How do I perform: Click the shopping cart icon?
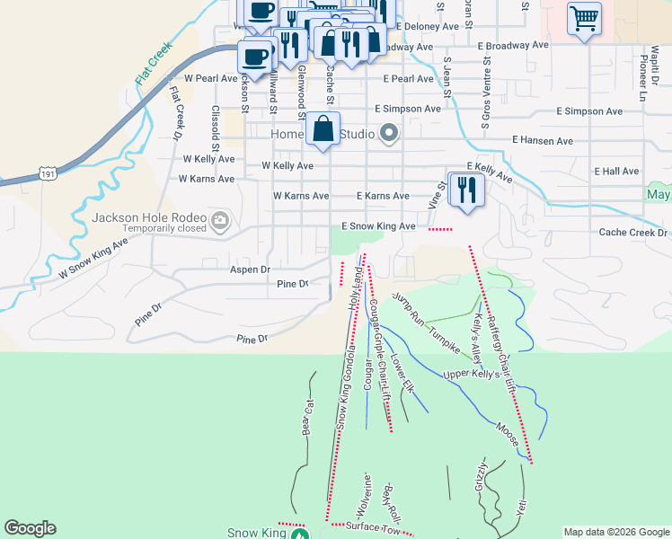coord(584,18)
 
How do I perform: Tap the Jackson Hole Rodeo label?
coord(148,218)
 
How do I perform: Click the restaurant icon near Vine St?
coord(465,190)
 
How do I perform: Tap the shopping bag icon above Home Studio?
coord(323,128)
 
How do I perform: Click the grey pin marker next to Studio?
coord(389,134)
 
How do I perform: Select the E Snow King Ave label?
coord(378,227)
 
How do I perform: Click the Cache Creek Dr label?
coord(634,232)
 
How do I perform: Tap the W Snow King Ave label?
coord(93,257)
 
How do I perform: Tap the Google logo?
coord(30,528)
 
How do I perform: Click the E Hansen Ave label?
coord(542,141)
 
